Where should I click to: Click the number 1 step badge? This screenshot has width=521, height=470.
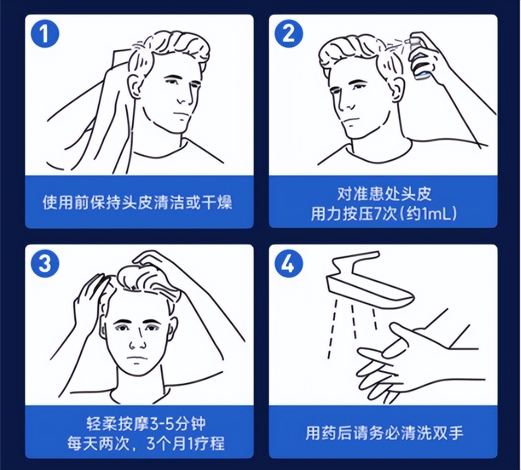click(x=45, y=34)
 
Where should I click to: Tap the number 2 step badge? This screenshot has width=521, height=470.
click(x=288, y=34)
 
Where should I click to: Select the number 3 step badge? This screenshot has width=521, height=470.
click(x=45, y=264)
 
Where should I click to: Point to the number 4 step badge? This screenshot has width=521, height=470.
click(x=288, y=264)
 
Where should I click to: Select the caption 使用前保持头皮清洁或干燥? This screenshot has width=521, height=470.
click(x=138, y=202)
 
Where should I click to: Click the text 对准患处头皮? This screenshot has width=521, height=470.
click(x=383, y=194)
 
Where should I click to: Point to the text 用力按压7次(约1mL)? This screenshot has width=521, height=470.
click(x=383, y=213)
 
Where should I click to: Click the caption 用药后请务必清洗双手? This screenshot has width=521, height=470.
click(x=383, y=433)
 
